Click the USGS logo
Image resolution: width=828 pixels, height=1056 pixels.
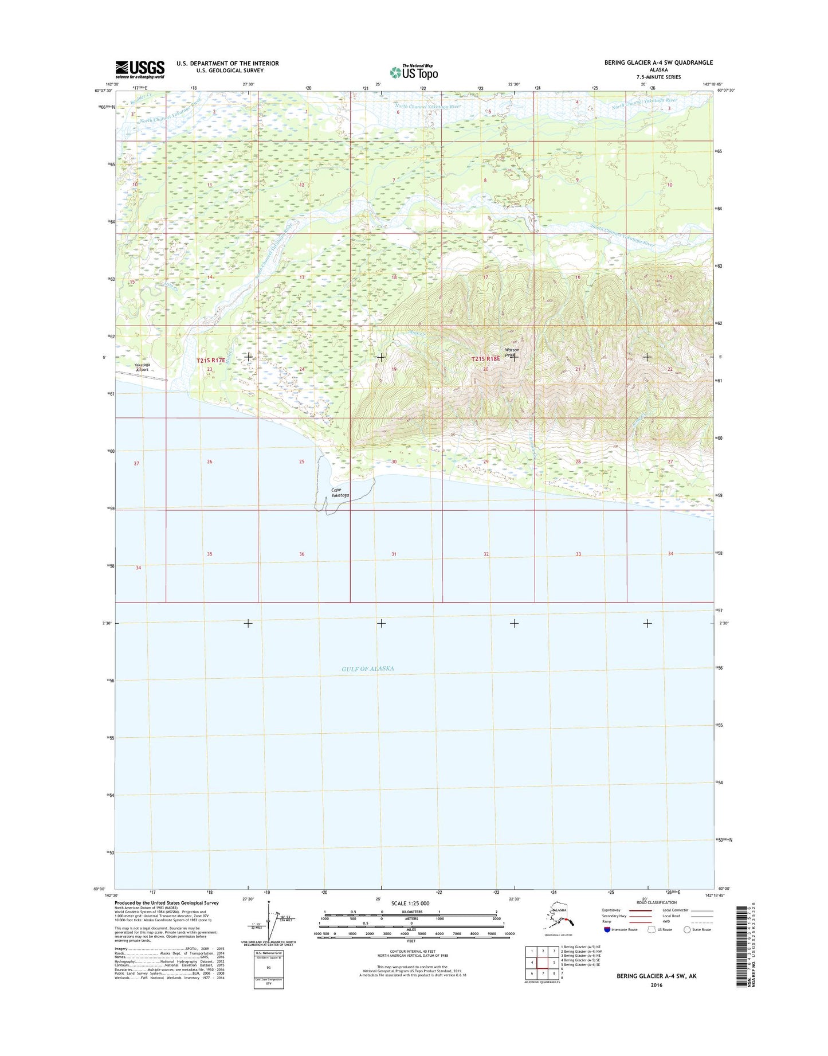[x=140, y=69]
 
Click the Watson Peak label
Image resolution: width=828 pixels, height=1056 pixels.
[x=512, y=353]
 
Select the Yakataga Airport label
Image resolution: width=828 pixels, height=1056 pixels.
[x=142, y=367]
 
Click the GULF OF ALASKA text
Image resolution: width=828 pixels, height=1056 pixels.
[x=367, y=668]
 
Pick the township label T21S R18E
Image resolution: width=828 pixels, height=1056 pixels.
[x=485, y=359]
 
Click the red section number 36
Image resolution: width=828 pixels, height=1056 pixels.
[x=302, y=554]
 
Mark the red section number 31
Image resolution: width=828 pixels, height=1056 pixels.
[x=394, y=554]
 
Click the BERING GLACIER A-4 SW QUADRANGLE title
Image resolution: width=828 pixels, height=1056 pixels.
[x=658, y=62]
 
